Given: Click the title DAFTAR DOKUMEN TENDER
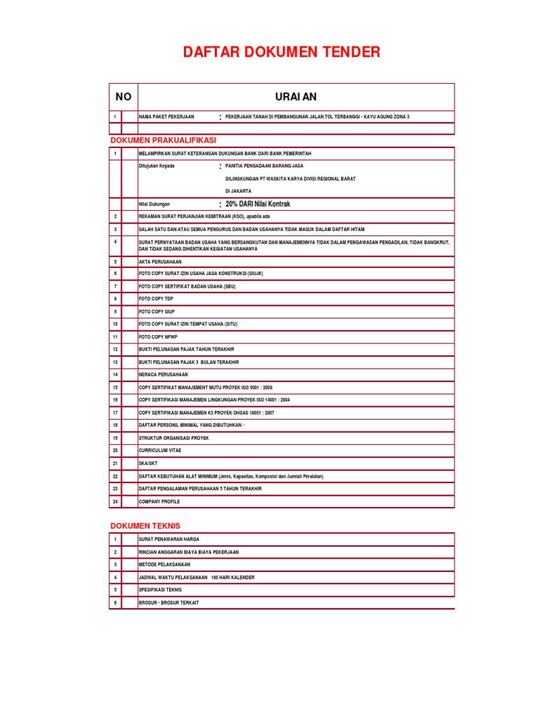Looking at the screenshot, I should pyautogui.click(x=282, y=52).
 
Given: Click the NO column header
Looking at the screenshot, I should pyautogui.click(x=123, y=97).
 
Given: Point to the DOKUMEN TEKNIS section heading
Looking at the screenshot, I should pyautogui.click(x=145, y=526).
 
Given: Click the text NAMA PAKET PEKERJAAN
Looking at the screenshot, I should pyautogui.click(x=166, y=117).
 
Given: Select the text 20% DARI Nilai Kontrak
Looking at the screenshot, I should pyautogui.click(x=257, y=204).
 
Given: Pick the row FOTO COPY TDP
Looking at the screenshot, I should pyautogui.click(x=155, y=299).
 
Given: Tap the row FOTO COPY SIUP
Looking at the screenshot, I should pyautogui.click(x=156, y=311).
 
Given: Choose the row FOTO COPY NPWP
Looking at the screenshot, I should pyautogui.click(x=158, y=337).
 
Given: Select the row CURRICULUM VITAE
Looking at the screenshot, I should pyautogui.click(x=159, y=450).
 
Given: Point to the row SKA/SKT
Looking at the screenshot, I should pyautogui.click(x=148, y=463).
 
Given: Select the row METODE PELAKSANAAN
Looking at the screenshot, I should pyautogui.click(x=164, y=564).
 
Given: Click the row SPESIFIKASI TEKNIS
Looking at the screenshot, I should pyautogui.click(x=160, y=590).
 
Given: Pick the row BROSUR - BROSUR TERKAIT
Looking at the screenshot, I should pyautogui.click(x=169, y=603).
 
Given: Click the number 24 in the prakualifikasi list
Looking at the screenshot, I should pyautogui.click(x=115, y=501).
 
